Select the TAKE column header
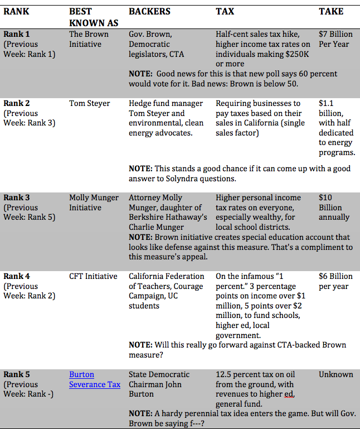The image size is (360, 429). pyautogui.click(x=331, y=11)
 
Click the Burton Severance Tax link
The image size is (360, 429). pyautogui.click(x=94, y=379)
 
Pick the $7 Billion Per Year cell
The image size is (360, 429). pyautogui.click(x=335, y=39)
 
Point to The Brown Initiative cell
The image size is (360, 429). pyautogui.click(x=89, y=39)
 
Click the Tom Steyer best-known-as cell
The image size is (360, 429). pyautogui.click(x=90, y=103)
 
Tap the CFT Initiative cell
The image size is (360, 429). pyautogui.click(x=93, y=276)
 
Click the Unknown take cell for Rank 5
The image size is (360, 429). pyautogui.click(x=335, y=374)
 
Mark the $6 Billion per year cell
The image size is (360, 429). pyautogui.click(x=335, y=281)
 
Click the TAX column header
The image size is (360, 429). pyautogui.click(x=225, y=11)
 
